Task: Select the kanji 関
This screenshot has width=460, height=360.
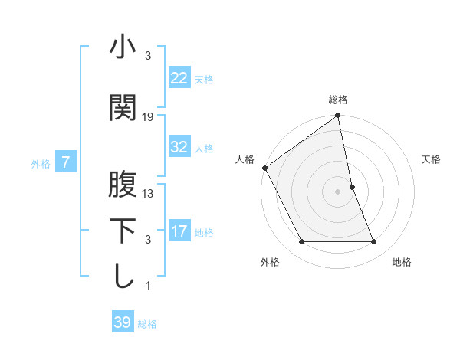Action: pos(123,108)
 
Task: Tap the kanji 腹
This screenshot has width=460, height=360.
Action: pos(123,185)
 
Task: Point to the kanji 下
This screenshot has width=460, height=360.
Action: pos(123,231)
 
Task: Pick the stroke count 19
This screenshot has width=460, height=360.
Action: pos(148,116)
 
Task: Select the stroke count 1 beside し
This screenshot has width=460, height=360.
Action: pos(148,286)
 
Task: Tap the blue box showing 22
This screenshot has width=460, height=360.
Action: pos(179,78)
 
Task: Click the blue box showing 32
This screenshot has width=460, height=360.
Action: pos(179,147)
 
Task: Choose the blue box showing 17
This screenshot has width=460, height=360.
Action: pos(179,231)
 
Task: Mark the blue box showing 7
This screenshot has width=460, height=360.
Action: pos(66,162)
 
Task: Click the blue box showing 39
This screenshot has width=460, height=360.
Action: pos(122,322)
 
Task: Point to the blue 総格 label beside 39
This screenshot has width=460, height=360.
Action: pos(147,324)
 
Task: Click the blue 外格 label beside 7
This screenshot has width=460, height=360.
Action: pos(41,163)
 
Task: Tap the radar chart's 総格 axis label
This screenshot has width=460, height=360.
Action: pos(338,100)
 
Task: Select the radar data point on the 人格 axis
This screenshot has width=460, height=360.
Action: pos(264,168)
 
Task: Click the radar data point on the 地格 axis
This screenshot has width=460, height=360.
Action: pos(373,242)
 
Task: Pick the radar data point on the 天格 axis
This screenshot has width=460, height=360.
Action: pos(352,186)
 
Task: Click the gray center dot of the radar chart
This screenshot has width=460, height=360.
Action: pos(338,191)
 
